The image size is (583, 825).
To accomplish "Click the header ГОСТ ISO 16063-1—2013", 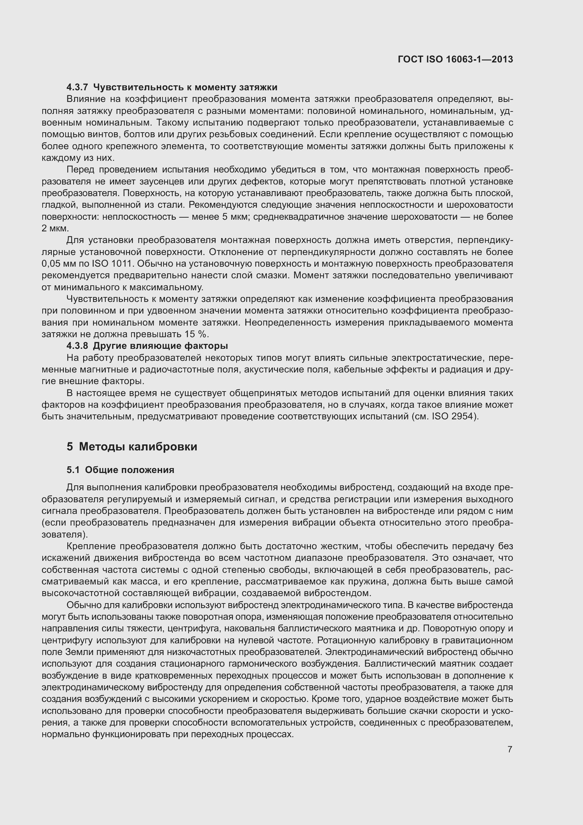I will [455, 59].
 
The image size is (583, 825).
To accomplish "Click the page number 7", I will [510, 750].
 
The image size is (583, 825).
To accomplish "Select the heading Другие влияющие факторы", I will [160, 346].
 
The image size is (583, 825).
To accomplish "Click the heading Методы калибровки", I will [138, 447].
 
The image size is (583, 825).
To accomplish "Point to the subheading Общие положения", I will [130, 470].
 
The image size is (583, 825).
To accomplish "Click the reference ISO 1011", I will [113, 264].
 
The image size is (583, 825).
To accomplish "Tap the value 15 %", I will [196, 334].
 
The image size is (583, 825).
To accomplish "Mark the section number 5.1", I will [73, 470].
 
